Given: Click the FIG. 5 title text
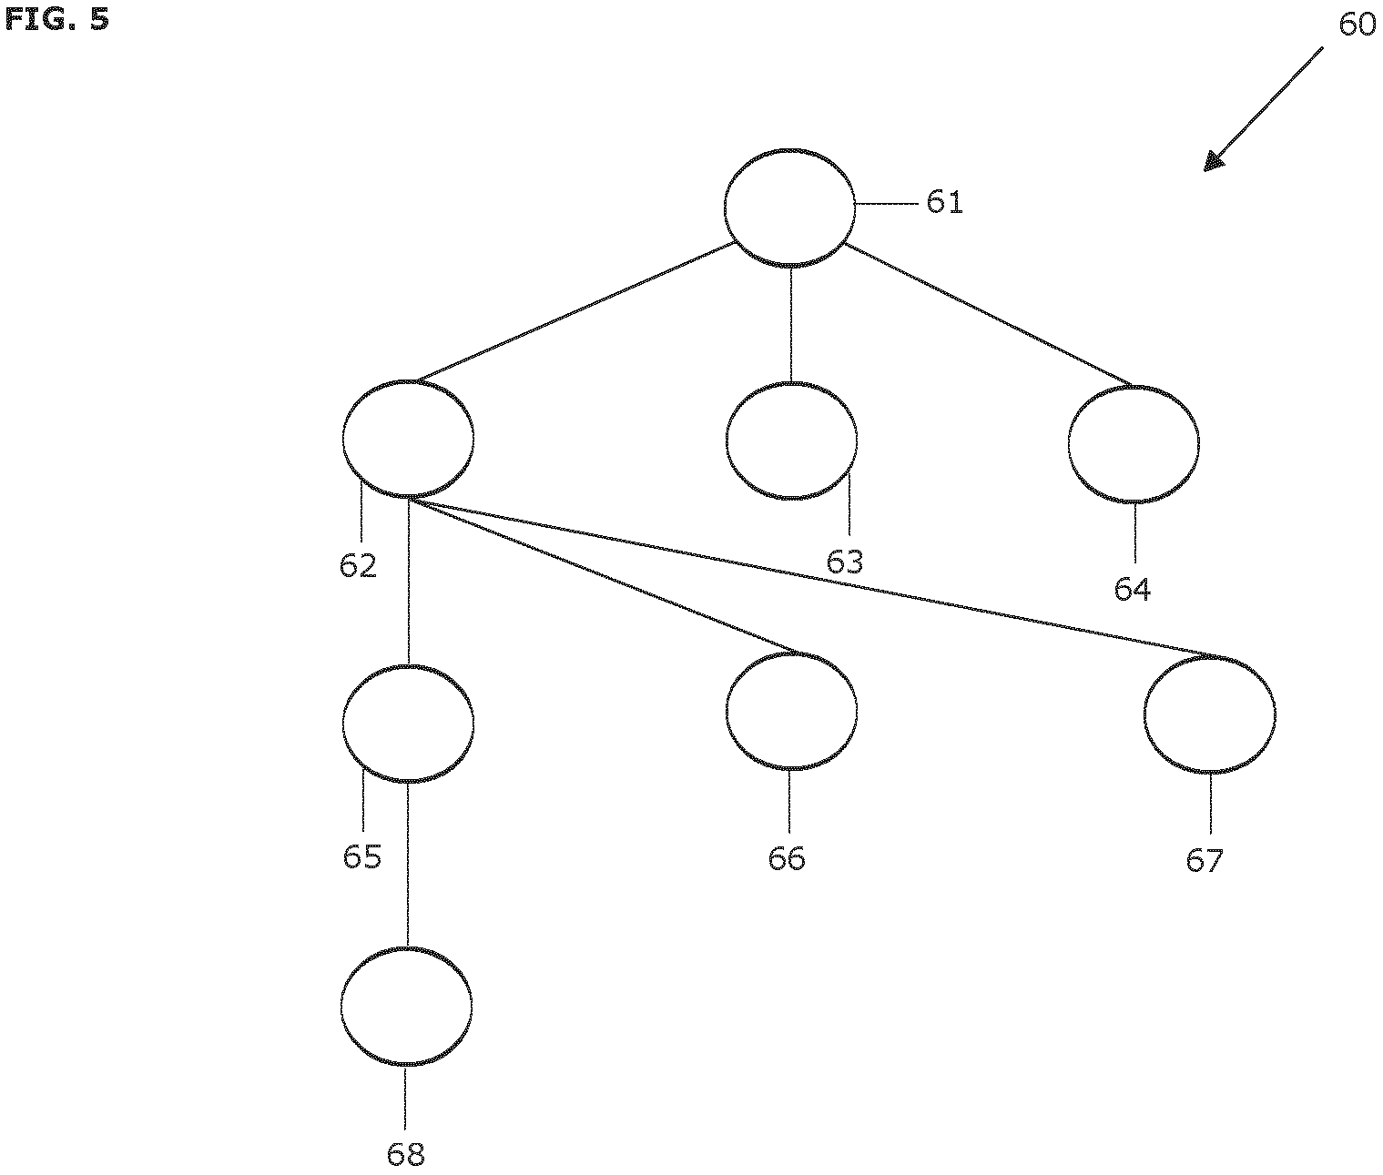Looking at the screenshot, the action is (56, 19).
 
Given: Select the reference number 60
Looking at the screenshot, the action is (1357, 25).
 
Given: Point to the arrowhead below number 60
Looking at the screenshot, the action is (1213, 161).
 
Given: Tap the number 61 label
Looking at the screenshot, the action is (944, 202).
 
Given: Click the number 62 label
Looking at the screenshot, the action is (358, 566).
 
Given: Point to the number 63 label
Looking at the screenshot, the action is (844, 562).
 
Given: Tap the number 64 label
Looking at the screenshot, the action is (1132, 589).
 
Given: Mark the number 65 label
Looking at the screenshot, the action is (362, 856).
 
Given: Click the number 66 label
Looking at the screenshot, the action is (786, 858).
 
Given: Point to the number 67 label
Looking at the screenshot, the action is (1205, 861).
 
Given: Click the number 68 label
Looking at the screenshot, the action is (405, 1154).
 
